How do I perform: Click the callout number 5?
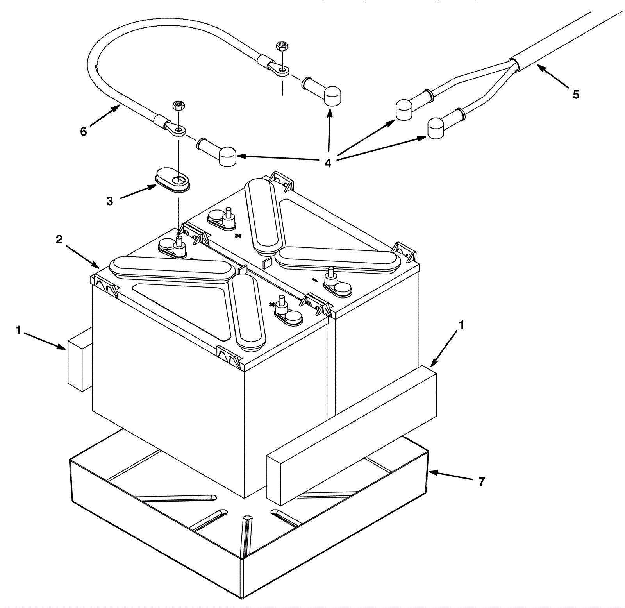click(x=576, y=95)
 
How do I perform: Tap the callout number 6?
click(x=84, y=132)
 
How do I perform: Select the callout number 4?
click(x=328, y=163)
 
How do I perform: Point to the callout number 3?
click(x=110, y=201)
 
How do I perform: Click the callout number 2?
click(x=59, y=240)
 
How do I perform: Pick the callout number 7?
click(x=482, y=482)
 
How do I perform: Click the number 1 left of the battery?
click(x=18, y=331)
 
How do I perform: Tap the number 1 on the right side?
click(x=461, y=325)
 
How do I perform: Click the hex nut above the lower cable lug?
click(x=178, y=105)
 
